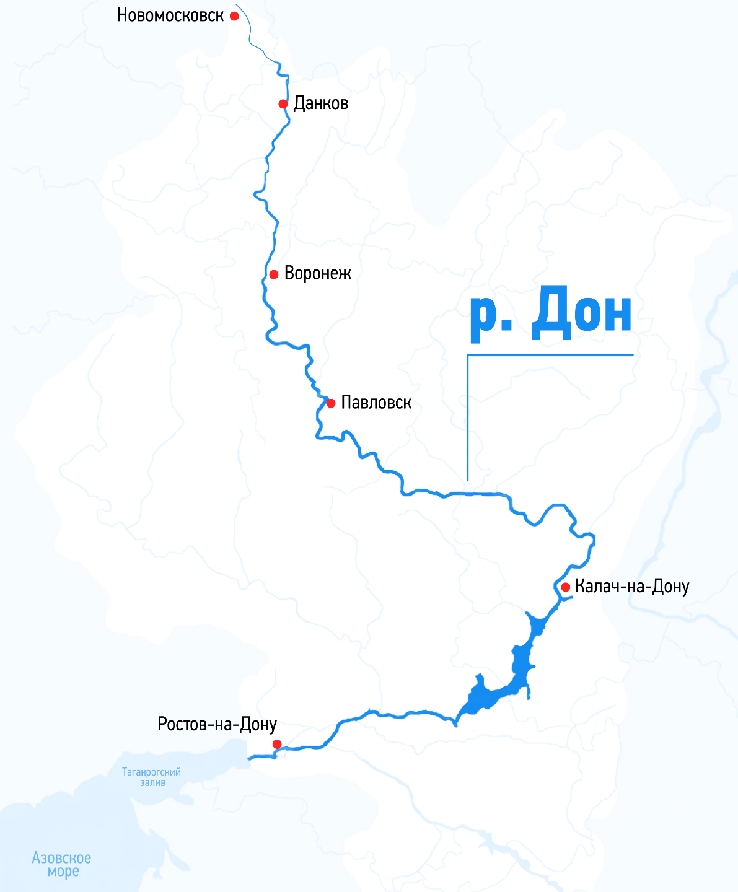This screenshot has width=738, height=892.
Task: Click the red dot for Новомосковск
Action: [x=234, y=16]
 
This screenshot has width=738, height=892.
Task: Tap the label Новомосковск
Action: [x=170, y=15]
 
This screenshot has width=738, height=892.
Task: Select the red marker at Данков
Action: [x=283, y=104]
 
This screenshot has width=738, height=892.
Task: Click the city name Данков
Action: [x=320, y=103]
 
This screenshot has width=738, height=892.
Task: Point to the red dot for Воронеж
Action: [x=274, y=274]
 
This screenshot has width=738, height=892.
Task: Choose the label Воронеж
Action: [x=317, y=274]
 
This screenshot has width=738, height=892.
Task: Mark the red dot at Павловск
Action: [x=331, y=403]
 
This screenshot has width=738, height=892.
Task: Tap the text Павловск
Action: [x=376, y=403]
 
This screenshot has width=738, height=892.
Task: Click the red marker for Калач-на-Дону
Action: [x=565, y=587]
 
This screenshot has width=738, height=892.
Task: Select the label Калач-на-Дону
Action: [x=631, y=587]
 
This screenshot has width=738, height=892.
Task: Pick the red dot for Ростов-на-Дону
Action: [x=277, y=744]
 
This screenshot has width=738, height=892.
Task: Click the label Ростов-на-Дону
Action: [x=217, y=724]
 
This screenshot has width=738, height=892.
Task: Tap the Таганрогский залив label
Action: [x=152, y=777]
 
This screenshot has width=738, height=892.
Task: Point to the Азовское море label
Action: [x=61, y=864]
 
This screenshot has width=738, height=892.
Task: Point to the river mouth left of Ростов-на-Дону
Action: [x=250, y=757]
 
